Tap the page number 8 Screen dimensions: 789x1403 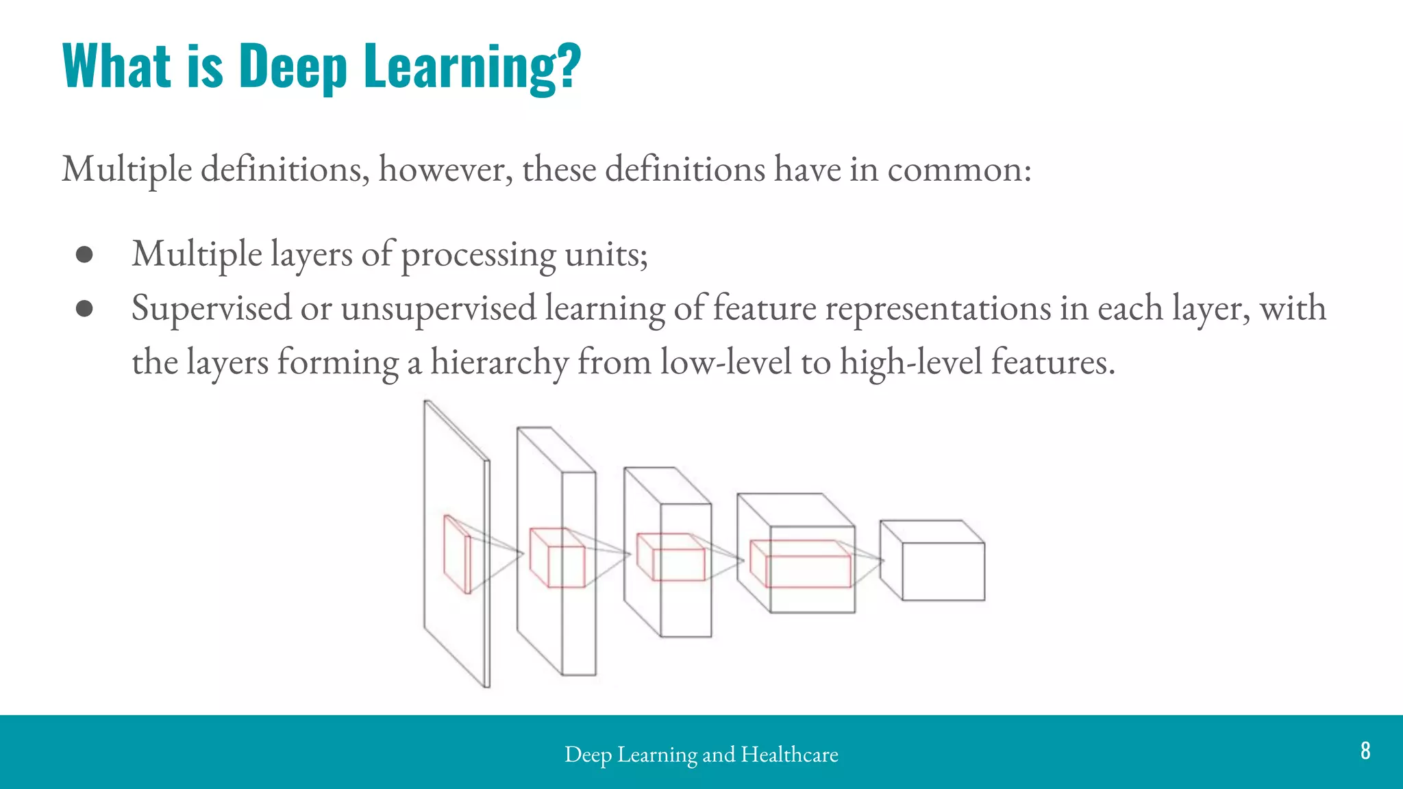1365,751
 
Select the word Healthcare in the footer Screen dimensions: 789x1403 789,754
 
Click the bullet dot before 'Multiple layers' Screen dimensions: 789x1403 84,255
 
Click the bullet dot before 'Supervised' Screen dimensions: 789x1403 84,308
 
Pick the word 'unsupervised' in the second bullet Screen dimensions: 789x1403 438,308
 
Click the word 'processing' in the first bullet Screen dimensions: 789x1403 478,255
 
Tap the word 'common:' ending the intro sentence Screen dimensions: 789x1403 959,169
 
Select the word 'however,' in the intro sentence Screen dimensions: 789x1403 445,169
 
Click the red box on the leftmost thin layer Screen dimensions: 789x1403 457,555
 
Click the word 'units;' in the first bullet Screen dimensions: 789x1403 606,255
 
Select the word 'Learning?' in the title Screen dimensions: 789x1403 473,66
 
